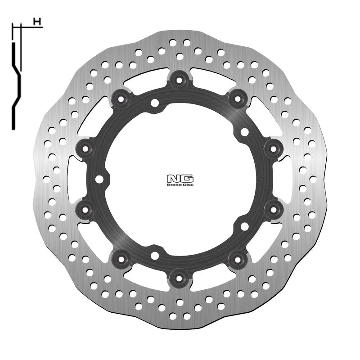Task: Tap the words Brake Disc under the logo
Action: [x=179, y=184]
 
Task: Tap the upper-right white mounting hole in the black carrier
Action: [x=244, y=132]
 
